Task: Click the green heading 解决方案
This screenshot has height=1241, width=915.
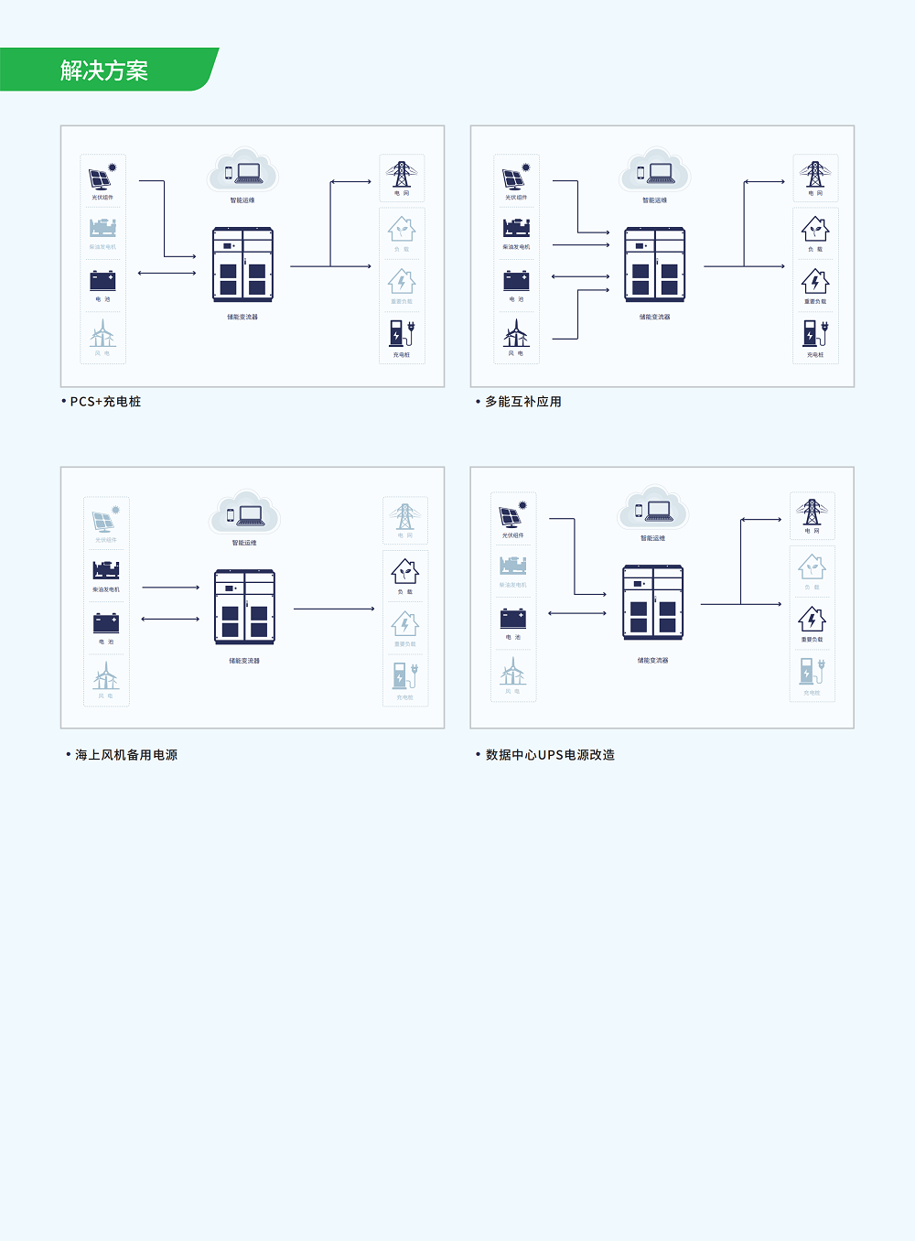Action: click(x=104, y=70)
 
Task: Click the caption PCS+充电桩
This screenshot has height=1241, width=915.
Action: click(x=105, y=402)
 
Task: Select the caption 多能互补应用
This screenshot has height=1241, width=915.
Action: click(x=522, y=402)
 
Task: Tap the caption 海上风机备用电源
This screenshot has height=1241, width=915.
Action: click(x=126, y=755)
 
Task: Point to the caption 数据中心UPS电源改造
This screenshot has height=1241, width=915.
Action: click(x=550, y=755)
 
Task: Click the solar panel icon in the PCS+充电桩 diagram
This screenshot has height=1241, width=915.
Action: click(x=102, y=177)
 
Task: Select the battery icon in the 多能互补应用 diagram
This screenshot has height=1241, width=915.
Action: click(x=516, y=280)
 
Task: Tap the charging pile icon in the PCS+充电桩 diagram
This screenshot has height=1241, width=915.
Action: click(x=402, y=333)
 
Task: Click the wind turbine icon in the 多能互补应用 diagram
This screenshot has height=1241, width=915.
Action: click(x=516, y=332)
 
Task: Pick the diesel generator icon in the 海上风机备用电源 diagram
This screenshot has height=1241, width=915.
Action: click(x=106, y=570)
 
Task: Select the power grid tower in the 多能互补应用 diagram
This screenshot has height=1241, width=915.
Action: click(x=814, y=174)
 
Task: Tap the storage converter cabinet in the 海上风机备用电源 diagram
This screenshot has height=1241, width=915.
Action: click(x=244, y=607)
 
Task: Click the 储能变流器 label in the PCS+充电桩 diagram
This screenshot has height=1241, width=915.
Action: click(x=242, y=318)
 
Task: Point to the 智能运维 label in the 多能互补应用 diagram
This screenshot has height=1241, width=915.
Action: click(x=654, y=200)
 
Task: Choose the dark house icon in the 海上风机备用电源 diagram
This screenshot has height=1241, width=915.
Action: click(x=404, y=572)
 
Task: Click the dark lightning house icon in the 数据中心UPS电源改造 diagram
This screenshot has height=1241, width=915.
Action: click(x=812, y=620)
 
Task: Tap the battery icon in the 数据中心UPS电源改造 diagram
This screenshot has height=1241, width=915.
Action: click(x=512, y=618)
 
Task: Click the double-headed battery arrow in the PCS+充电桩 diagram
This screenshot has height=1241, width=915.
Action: click(x=167, y=273)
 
